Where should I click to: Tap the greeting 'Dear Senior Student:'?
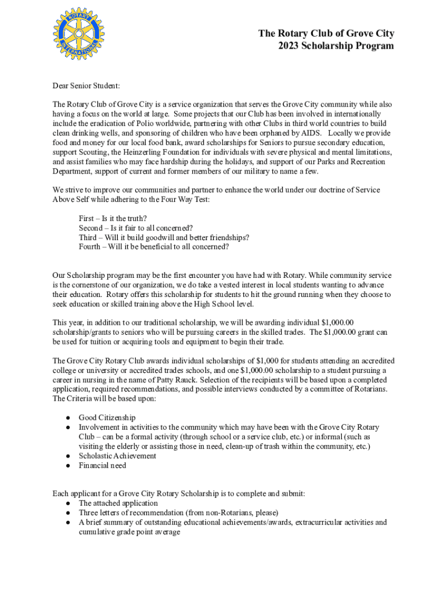point(86,86)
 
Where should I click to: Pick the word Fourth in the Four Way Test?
point(91,247)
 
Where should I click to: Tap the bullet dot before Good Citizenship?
point(68,418)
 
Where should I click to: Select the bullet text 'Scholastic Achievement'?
point(117,456)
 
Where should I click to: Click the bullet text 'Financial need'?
point(102,465)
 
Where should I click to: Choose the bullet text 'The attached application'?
point(118,504)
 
